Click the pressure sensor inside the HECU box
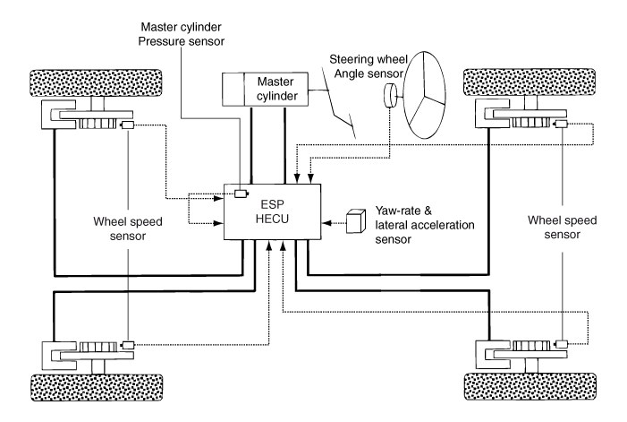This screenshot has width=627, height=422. click(x=240, y=194)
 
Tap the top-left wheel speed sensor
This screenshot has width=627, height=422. click(x=128, y=125)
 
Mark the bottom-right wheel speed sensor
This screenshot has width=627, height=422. click(x=561, y=343)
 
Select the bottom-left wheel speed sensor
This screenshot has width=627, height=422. click(x=128, y=344)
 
